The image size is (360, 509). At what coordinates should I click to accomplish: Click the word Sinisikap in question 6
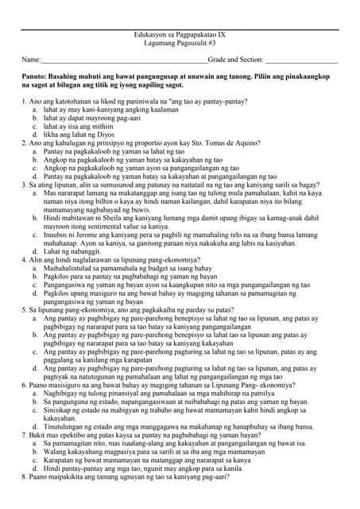[57, 409]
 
